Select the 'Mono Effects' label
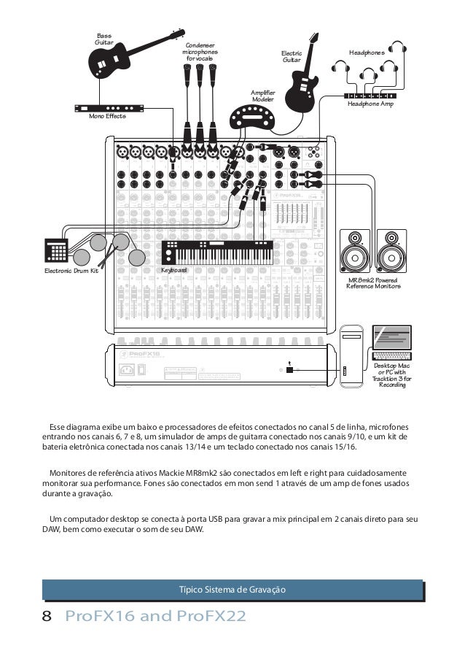(106, 117)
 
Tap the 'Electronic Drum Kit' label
(71, 271)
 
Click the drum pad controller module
(55, 247)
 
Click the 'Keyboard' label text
(174, 271)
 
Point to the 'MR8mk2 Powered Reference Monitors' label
(373, 283)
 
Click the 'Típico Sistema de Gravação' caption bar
(232, 588)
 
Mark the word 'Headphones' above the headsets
(367, 53)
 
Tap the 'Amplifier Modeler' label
(262, 96)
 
